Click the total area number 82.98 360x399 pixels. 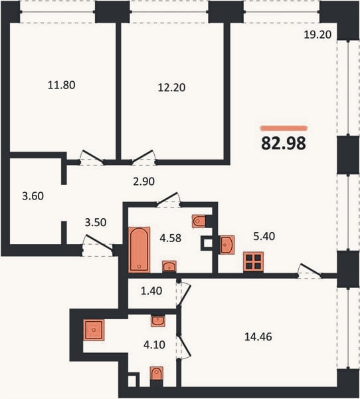pos(284,143)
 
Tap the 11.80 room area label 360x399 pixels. pos(62,85)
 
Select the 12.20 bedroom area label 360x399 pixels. pos(171,88)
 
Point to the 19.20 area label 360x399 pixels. pos(317,35)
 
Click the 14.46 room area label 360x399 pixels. pos(258,336)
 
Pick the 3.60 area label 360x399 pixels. pos(33,196)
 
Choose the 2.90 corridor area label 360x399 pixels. pos(144,182)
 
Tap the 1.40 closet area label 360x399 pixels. pos(151,291)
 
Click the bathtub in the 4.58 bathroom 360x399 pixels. pos(139,249)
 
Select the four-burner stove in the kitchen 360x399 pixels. pos(254,262)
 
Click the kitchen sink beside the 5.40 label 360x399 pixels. pos(227,245)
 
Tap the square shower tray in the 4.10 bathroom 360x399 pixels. pos(94,330)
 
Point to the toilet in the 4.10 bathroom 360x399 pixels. pos(156,374)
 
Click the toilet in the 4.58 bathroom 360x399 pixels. pos(199,221)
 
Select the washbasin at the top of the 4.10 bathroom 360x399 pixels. pos(158,321)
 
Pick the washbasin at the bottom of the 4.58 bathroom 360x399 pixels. pos(169,266)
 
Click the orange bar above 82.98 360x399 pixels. pos(284,128)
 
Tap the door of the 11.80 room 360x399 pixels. pos(92,156)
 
